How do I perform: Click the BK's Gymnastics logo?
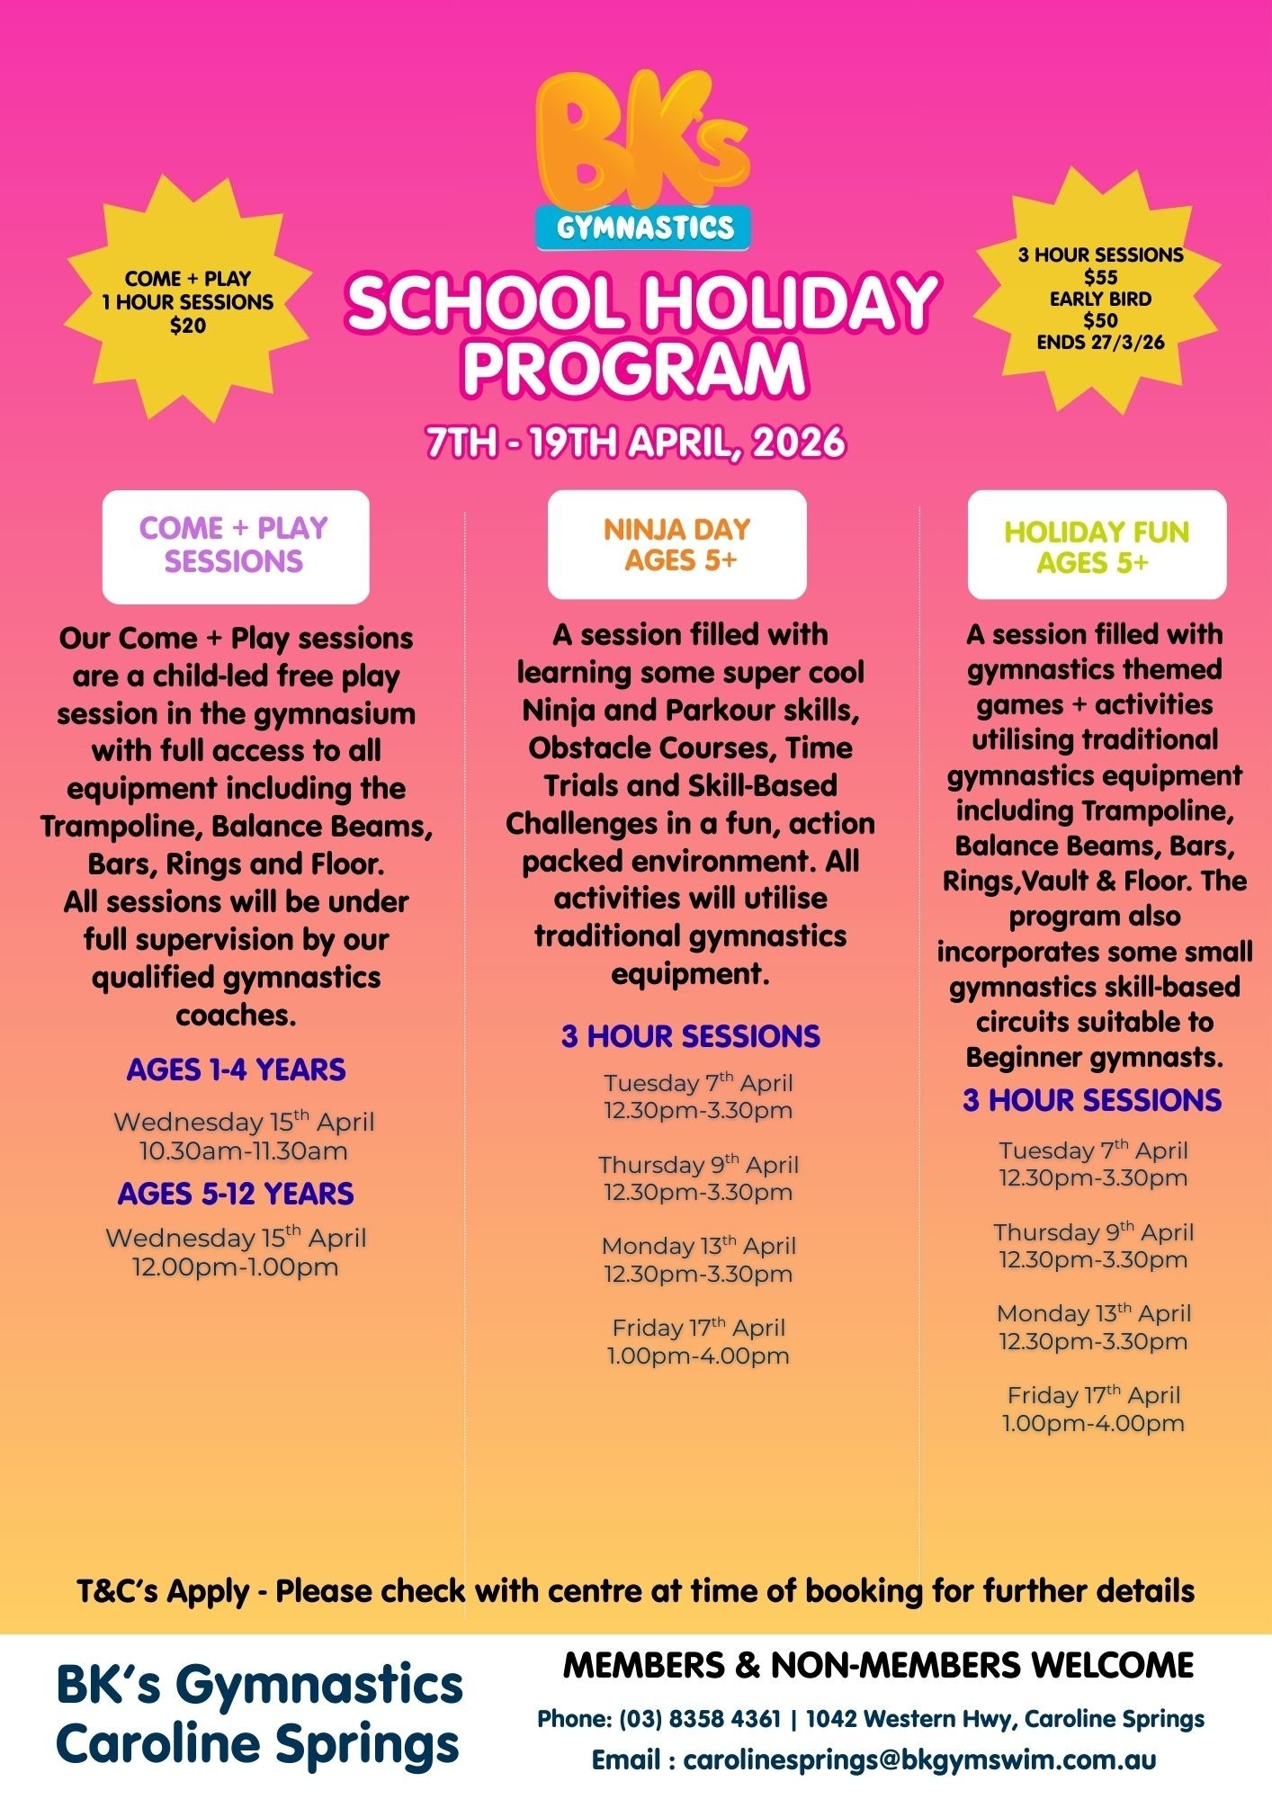coord(642,162)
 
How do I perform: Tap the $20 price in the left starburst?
coord(188,326)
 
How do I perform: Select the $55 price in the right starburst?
coord(1100,277)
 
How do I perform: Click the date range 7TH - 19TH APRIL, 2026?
coord(635,443)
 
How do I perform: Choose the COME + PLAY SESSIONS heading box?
coord(235,545)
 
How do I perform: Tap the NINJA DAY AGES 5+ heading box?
coord(676,544)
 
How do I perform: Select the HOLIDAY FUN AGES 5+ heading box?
coord(1096,546)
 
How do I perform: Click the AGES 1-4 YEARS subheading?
coord(236,1070)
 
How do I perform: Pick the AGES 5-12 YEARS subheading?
coord(236,1194)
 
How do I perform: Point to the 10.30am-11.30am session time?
coord(243,1150)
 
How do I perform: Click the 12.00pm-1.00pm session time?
coord(236,1267)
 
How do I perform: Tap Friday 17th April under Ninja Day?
coord(698,1328)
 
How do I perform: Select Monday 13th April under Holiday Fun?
coord(1093,1313)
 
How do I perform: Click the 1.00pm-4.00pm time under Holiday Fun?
coord(1093,1423)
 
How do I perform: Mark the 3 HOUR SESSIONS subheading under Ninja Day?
coord(690,1036)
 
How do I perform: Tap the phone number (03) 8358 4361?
coord(700,1719)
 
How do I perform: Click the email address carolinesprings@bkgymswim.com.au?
coord(918,1759)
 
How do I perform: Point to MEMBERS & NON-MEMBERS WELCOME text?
coord(878,1666)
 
